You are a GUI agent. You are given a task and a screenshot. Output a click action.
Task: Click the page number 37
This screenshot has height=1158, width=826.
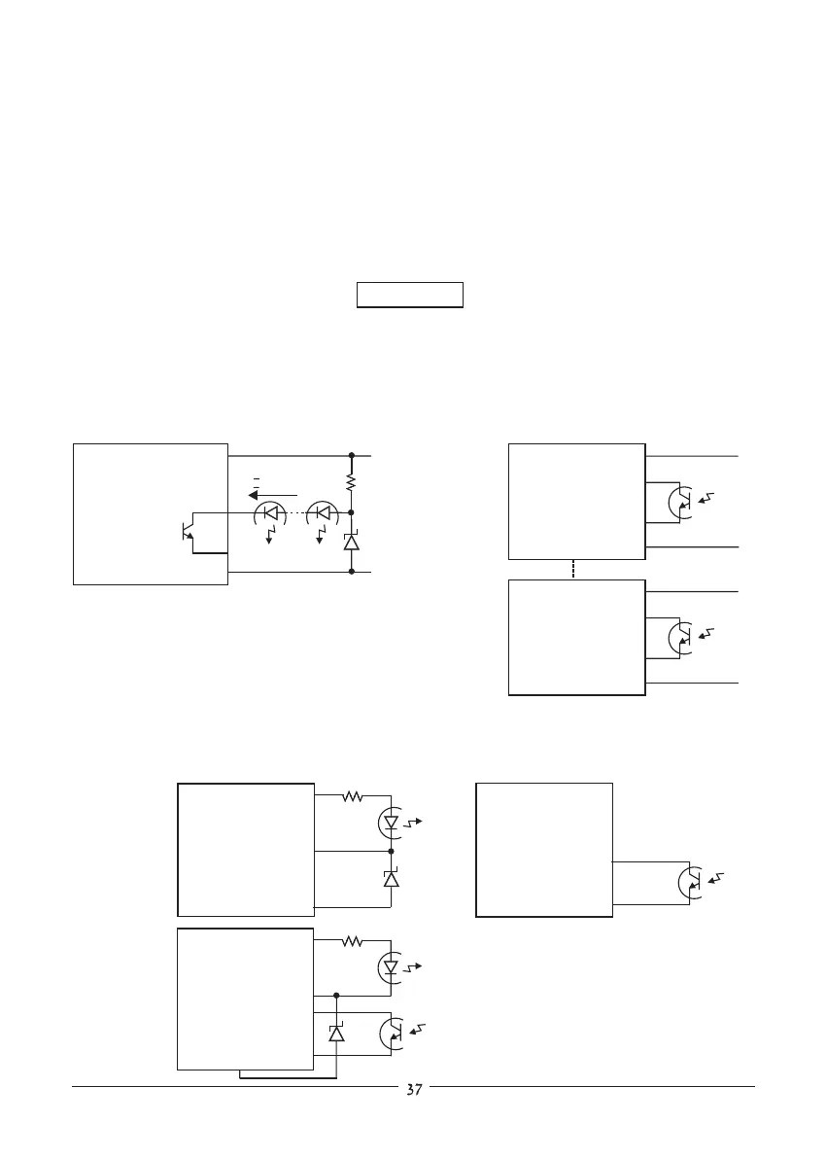(x=414, y=1090)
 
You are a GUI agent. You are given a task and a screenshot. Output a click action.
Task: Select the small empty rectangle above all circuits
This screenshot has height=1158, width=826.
(x=409, y=295)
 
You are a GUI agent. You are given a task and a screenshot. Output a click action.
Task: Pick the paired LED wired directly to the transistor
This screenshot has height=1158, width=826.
(x=268, y=512)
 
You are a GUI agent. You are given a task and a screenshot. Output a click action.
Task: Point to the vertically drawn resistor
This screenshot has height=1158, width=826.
(x=352, y=481)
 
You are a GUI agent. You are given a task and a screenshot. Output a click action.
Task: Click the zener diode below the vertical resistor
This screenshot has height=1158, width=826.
(x=352, y=542)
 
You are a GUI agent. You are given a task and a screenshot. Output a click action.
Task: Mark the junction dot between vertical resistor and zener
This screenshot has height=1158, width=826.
(x=352, y=511)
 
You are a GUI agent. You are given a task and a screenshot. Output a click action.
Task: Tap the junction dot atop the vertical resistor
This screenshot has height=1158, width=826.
(x=352, y=454)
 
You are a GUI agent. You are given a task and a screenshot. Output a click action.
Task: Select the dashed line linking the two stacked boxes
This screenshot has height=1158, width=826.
(x=575, y=570)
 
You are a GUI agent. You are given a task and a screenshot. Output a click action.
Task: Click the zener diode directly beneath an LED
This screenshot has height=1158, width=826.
(x=391, y=878)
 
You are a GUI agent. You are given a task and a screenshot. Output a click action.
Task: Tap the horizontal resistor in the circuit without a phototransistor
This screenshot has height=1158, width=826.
(x=352, y=796)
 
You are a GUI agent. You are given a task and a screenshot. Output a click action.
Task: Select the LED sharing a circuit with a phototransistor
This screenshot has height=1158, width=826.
(x=391, y=968)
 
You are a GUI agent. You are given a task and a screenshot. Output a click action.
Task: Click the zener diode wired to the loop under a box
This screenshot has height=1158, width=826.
(x=336, y=1033)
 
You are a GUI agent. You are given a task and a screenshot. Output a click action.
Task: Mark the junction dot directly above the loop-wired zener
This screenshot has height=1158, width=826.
(x=336, y=996)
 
